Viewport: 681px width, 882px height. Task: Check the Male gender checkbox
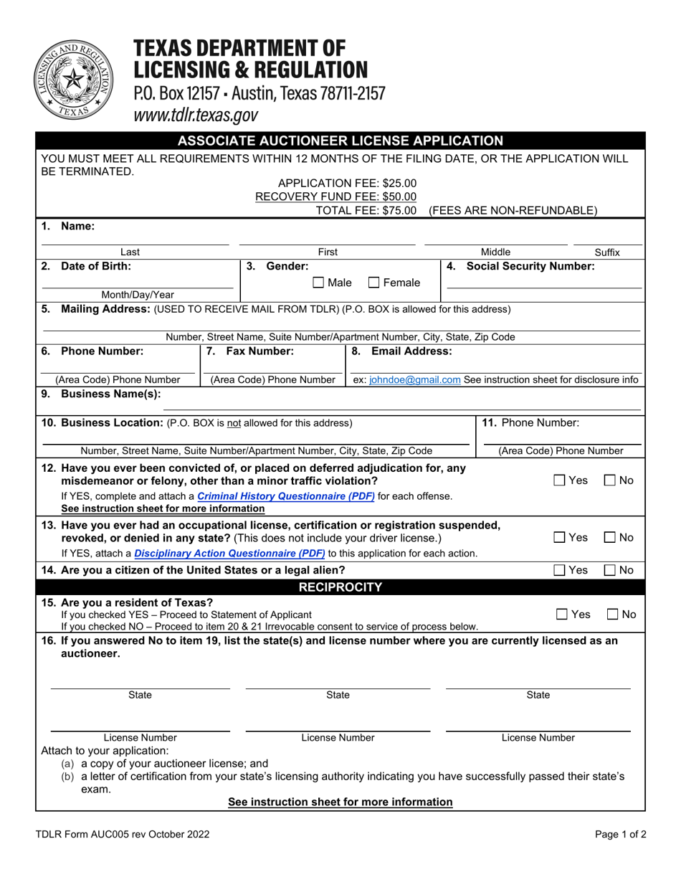(319, 283)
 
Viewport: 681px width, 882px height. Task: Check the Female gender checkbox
(373, 283)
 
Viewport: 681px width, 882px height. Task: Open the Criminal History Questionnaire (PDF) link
(285, 495)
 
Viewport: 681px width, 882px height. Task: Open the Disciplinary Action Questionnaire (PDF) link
(229, 553)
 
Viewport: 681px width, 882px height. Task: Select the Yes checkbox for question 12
(559, 480)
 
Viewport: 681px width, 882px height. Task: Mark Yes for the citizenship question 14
(559, 571)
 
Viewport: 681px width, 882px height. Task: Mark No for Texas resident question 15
(613, 615)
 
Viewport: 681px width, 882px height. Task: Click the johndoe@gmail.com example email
(414, 379)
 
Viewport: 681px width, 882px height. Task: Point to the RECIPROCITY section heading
(340, 587)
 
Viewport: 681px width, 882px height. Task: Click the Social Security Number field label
(530, 266)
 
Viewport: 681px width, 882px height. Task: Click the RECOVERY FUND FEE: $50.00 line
(335, 196)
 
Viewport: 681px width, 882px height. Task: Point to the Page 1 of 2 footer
(621, 834)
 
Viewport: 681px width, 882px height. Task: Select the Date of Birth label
(96, 266)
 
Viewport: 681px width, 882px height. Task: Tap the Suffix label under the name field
(607, 252)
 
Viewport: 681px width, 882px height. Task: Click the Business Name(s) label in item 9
(111, 393)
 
